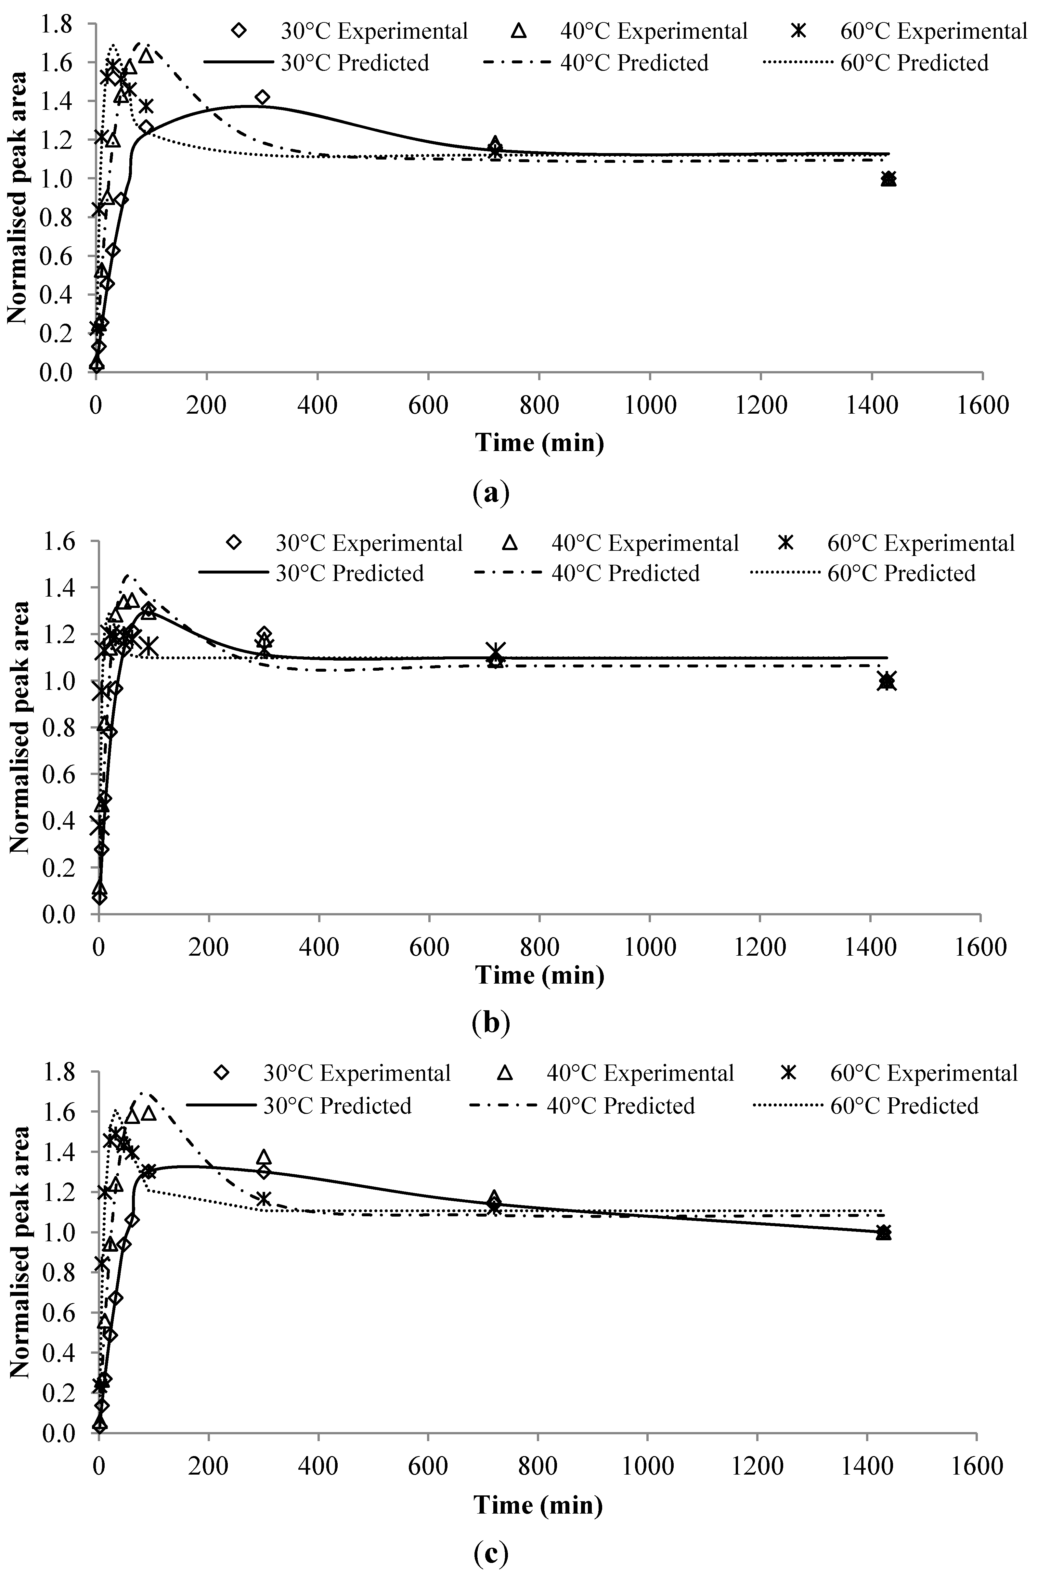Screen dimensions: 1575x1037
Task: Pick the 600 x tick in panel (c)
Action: (x=428, y=1466)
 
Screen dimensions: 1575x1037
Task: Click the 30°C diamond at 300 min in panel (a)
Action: (x=263, y=97)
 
